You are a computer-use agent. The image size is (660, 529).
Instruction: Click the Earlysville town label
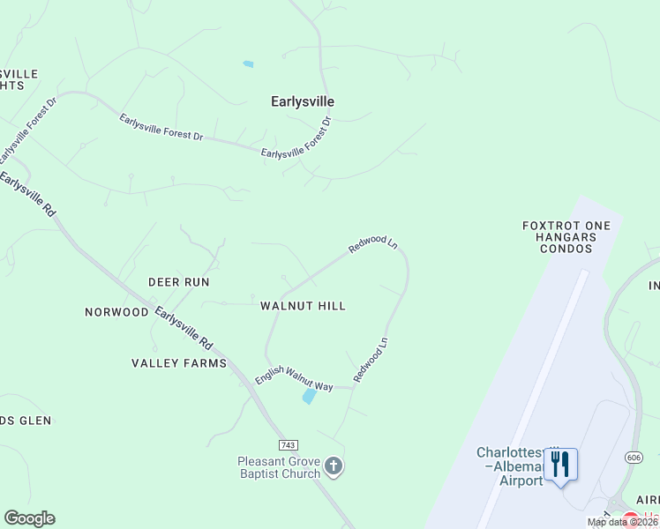click(x=302, y=101)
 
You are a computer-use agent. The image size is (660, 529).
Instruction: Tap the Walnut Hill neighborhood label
click(x=303, y=306)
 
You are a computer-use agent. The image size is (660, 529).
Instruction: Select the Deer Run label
click(x=178, y=282)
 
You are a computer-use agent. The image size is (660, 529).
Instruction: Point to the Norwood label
click(x=116, y=312)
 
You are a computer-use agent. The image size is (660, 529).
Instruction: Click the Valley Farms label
click(x=179, y=363)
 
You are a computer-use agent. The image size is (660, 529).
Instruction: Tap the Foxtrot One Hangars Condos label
click(x=566, y=237)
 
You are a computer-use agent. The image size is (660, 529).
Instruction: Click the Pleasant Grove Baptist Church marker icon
click(x=333, y=466)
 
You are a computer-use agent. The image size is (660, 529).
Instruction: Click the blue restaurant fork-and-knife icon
click(x=560, y=464)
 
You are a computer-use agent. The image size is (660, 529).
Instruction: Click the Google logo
click(x=29, y=518)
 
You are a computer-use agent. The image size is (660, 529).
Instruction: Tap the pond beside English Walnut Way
click(x=309, y=397)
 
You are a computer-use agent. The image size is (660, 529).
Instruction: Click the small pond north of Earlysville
click(x=248, y=64)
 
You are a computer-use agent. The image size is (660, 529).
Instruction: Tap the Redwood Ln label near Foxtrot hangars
click(x=373, y=243)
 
